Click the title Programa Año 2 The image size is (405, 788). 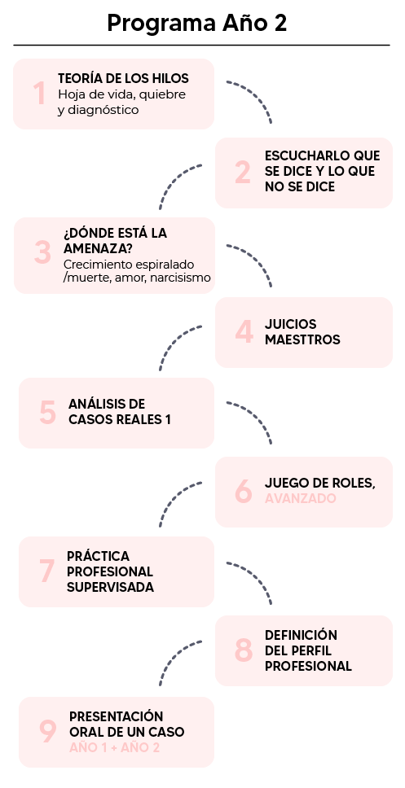[196, 23]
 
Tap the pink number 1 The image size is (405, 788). [39, 94]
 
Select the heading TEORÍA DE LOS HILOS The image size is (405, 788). [123, 78]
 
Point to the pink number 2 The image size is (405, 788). [243, 173]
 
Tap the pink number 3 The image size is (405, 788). [42, 252]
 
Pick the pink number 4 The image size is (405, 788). [244, 331]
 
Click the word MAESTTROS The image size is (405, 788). [302, 339]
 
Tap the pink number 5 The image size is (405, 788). [47, 412]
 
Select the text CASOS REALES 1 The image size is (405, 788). [120, 419]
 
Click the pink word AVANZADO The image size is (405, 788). [301, 498]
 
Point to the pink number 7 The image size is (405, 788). [46, 571]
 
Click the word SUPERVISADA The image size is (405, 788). [110, 587]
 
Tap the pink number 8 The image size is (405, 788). [244, 650]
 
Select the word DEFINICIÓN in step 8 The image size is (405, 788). [301, 635]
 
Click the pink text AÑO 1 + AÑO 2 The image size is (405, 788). [114, 748]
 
